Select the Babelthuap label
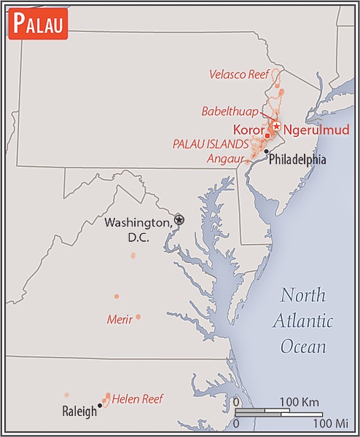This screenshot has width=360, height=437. click(x=230, y=111)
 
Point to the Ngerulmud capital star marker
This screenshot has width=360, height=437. click(x=276, y=125)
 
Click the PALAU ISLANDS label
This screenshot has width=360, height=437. click(x=211, y=143)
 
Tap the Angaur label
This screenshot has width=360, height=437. click(x=224, y=157)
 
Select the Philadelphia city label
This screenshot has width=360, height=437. click(x=297, y=160)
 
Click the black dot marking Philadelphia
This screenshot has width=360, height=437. click(x=266, y=151)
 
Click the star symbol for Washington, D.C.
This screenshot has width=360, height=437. click(x=179, y=219)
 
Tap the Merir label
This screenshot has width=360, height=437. click(x=119, y=320)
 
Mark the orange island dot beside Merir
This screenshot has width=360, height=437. click(x=138, y=317)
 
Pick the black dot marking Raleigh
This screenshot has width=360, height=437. click(x=99, y=406)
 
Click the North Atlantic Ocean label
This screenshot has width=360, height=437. click(x=306, y=320)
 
